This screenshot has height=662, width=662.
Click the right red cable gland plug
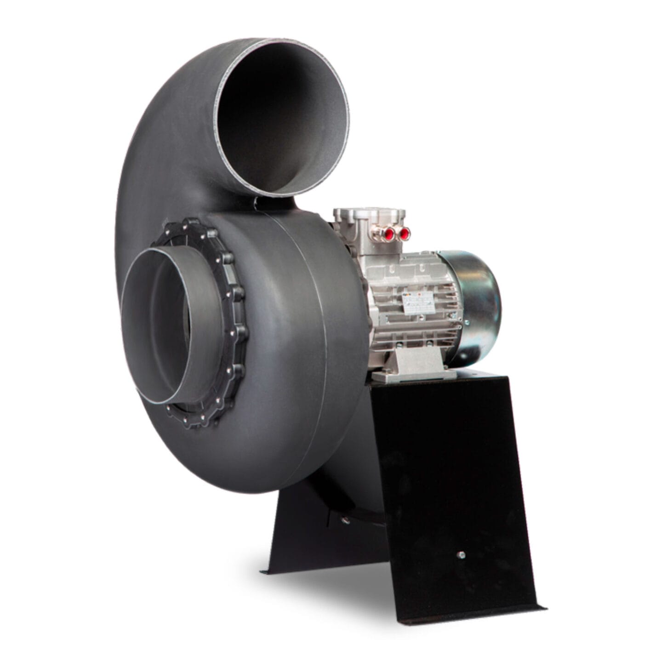click(405, 234)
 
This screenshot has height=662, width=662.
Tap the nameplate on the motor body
click(417, 302)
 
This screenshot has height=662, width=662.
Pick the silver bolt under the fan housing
click(344, 521)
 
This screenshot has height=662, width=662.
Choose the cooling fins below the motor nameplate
click(414, 331)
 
